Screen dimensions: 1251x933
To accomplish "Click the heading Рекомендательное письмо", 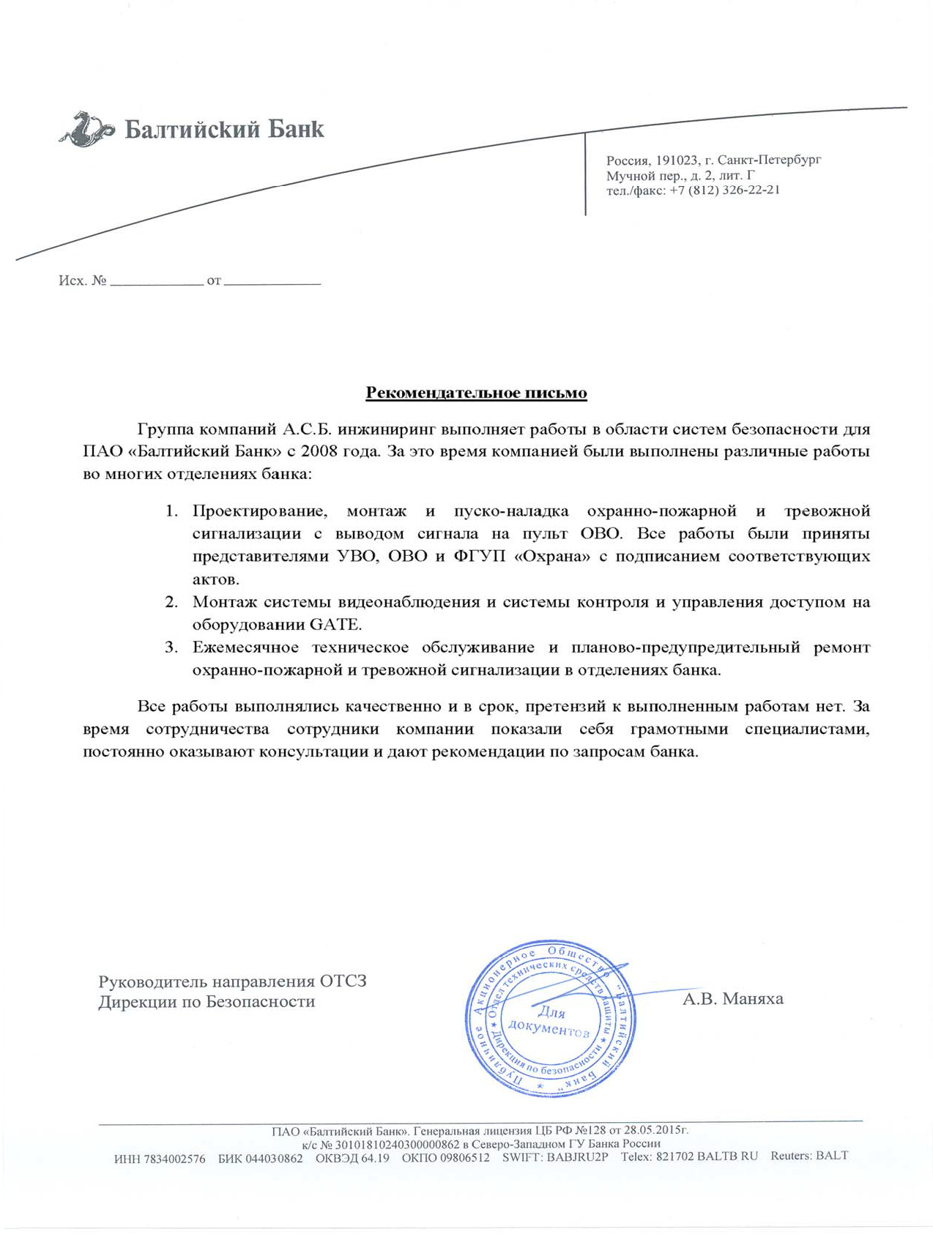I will tap(476, 393).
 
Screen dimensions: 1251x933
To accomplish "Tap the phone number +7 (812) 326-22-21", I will tap(724, 190).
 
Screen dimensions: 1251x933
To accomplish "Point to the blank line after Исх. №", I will tap(156, 282).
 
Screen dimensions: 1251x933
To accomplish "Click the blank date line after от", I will tap(272, 282).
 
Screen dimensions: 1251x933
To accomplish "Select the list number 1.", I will tap(171, 511).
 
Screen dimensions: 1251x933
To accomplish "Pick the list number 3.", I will tap(171, 647).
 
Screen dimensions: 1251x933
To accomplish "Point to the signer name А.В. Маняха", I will tap(732, 998).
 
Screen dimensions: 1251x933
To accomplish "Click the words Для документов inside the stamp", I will tap(549, 1021).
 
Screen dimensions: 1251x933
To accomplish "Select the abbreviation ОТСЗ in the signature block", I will tap(343, 981).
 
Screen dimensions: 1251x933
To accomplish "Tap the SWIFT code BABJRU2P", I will tap(577, 1157).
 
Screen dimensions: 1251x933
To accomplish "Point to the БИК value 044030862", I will tap(274, 1159).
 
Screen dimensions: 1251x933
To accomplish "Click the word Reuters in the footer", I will tap(791, 1156).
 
